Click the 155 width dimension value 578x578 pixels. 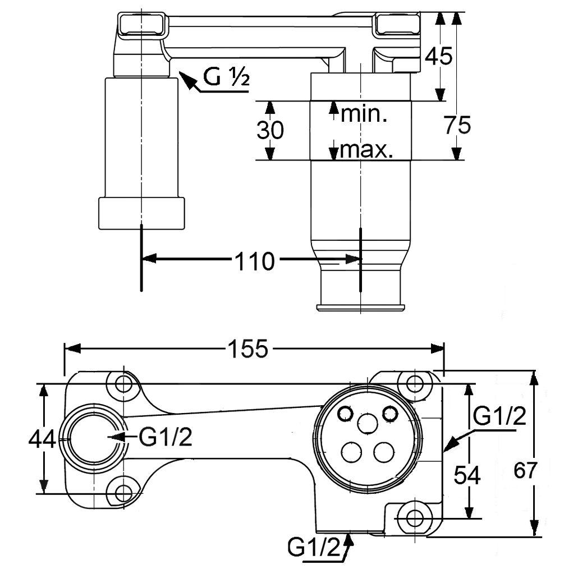pos(248,348)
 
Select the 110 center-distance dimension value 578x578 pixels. pos(255,262)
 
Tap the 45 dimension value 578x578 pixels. pos(438,57)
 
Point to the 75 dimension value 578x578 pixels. pos(457,125)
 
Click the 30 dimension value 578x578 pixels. pos(270,130)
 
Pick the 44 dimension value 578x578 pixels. pos(43,439)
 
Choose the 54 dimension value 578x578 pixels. pos(467,475)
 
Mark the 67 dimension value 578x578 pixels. pos(525,470)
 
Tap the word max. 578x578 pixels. pos(366,150)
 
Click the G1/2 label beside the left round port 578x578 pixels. pos(166,437)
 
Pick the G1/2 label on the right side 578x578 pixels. pos(499,416)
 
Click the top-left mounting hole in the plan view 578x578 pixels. pos(123,384)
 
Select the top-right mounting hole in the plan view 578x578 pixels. pos(415,384)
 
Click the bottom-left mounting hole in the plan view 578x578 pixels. pos(123,493)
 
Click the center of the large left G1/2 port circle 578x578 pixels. pos(95,438)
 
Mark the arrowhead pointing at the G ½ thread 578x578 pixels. pos(187,80)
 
